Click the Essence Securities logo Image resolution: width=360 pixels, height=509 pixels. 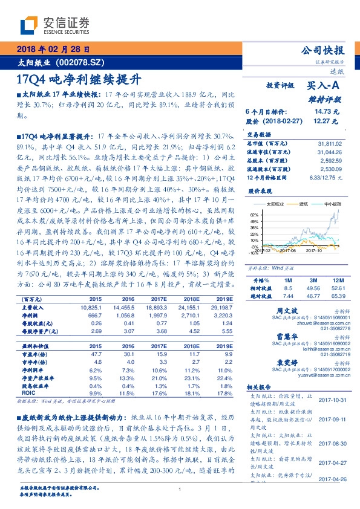click(x=55, y=25)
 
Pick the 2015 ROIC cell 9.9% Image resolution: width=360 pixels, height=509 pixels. click(x=96, y=392)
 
